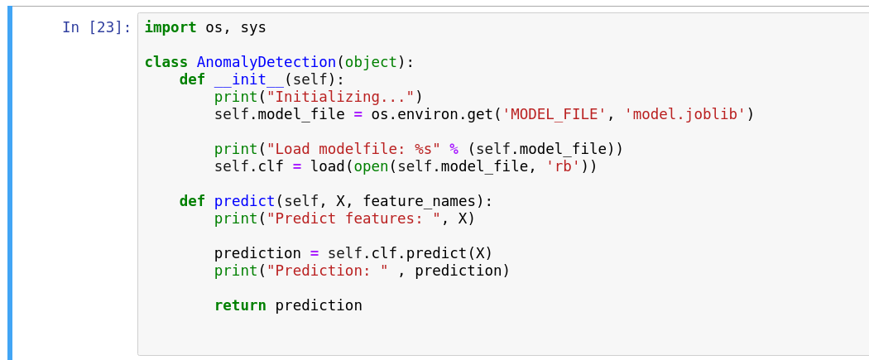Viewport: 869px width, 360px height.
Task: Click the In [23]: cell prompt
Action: pyautogui.click(x=96, y=27)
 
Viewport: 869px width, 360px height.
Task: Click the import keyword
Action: pyautogui.click(x=170, y=27)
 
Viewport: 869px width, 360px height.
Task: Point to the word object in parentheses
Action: pyautogui.click(x=371, y=62)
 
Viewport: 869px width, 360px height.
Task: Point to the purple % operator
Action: pyautogui.click(x=454, y=149)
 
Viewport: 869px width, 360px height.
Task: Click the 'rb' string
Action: pyautogui.click(x=563, y=166)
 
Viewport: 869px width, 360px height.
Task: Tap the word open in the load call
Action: pyautogui.click(x=371, y=166)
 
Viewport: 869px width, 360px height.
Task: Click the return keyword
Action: pyautogui.click(x=240, y=305)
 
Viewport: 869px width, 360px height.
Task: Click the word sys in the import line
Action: pyautogui.click(x=253, y=27)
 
